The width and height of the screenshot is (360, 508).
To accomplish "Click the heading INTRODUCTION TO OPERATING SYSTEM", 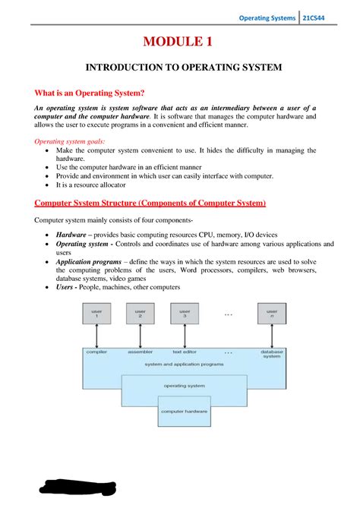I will tap(183, 68).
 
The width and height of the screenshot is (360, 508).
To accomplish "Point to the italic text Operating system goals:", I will tap(71, 141).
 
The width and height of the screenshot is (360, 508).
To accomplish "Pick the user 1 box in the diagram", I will tap(96, 313).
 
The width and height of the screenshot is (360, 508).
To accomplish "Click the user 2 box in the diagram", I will tap(141, 313).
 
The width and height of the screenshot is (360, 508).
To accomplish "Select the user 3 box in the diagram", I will tap(185, 313).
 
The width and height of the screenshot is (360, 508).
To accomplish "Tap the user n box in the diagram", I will tap(272, 313).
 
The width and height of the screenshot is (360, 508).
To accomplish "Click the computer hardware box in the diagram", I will tap(185, 412).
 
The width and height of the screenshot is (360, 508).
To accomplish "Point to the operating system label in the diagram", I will tap(185, 386).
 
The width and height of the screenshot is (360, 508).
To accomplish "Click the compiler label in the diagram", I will tap(96, 352).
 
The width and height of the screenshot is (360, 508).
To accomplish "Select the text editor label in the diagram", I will tap(185, 352).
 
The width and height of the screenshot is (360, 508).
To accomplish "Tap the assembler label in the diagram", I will tap(141, 352).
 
